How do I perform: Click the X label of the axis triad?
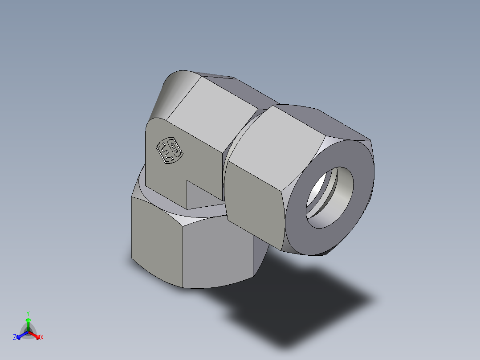click(x=42, y=338)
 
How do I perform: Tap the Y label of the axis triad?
click(x=28, y=313)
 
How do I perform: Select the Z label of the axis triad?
click(x=15, y=338)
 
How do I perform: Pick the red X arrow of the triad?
click(x=36, y=335)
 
